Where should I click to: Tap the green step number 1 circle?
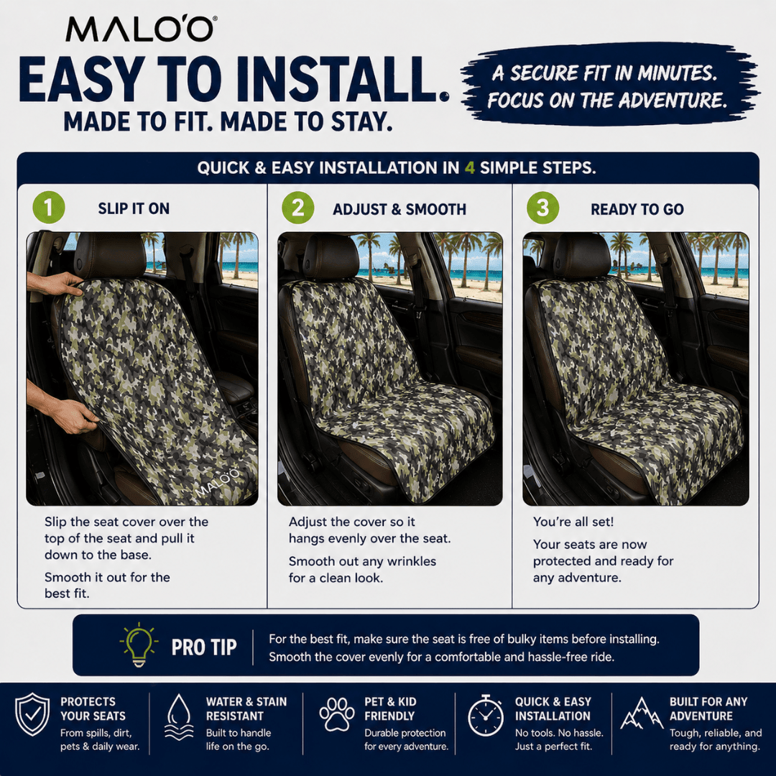[x=49, y=209]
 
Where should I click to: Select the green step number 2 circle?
[x=297, y=209]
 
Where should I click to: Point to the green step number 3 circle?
[x=542, y=209]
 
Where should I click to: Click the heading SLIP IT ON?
[x=134, y=209]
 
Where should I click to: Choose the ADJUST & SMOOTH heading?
[x=399, y=210]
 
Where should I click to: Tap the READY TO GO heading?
[x=637, y=210]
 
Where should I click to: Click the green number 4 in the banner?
[x=470, y=168]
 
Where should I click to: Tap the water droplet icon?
[x=179, y=716]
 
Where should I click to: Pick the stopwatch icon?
[x=486, y=716]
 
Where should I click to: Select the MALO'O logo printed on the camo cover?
[x=217, y=480]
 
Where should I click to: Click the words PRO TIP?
[x=203, y=647]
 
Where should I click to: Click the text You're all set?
[x=573, y=522]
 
